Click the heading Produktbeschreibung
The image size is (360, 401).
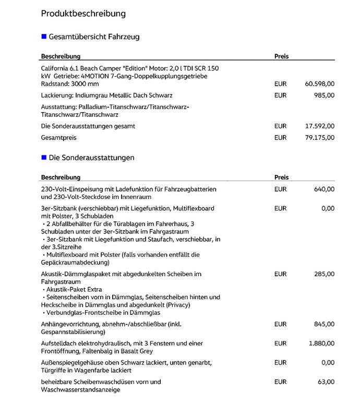(x=83, y=14)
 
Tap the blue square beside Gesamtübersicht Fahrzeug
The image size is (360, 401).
(x=44, y=37)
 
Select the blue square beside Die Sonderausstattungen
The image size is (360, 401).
(x=44, y=157)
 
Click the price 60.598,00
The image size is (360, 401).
(x=319, y=84)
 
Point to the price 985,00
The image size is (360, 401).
(x=325, y=96)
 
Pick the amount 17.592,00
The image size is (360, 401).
(x=319, y=126)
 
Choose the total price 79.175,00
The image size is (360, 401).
(x=319, y=138)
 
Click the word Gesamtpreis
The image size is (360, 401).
(x=58, y=138)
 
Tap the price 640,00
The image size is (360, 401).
(x=325, y=189)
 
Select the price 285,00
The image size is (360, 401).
(x=325, y=274)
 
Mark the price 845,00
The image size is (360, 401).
(x=325, y=324)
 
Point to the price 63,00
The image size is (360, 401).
(x=327, y=382)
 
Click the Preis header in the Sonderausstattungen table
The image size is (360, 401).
(x=281, y=178)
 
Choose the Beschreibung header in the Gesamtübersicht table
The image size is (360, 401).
(x=61, y=56)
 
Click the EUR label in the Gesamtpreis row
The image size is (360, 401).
(x=280, y=138)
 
